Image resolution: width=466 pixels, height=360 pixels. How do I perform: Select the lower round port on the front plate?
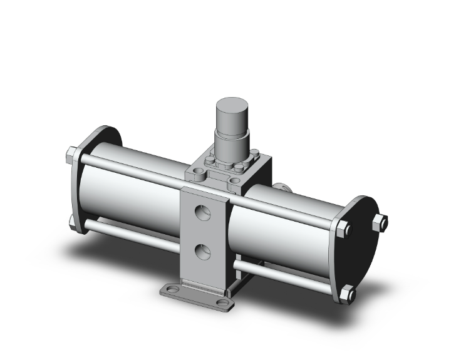(201, 252)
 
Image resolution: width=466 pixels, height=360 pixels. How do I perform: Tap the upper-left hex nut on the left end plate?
(71, 154)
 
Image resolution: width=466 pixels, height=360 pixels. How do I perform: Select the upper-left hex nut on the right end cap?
(341, 229)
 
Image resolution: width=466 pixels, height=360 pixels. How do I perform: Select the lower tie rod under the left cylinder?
(132, 236)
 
